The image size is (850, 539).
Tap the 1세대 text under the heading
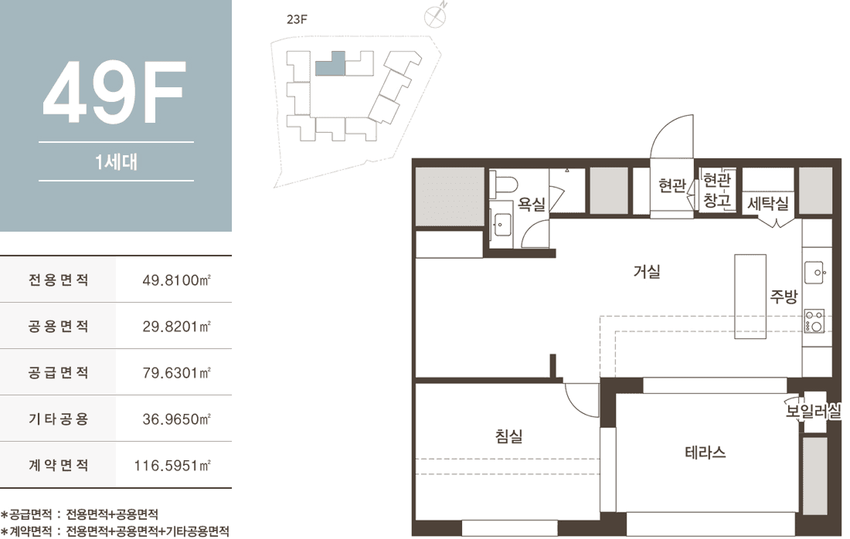coord(116,161)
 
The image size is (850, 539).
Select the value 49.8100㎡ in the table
coord(176,280)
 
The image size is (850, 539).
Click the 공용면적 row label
coord(59,326)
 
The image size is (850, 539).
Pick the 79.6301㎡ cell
coord(176,373)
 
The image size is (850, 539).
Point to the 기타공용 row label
coord(59,419)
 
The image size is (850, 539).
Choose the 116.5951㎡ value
coord(172,466)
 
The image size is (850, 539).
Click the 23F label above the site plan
coord(297,19)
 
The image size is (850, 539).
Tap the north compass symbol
coord(435,16)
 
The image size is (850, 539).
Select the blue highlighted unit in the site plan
coord(330,64)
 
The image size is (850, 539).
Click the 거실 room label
coord(647,271)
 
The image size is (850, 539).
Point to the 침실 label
coord(508,436)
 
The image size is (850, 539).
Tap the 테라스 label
coord(705,453)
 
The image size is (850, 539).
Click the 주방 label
coord(784,297)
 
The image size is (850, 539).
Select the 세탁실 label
coord(767,204)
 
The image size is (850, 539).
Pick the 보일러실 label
coord(813,411)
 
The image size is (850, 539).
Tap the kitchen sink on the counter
coord(814,273)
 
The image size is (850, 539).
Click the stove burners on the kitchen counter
coord(814,320)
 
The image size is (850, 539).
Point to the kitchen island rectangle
coord(750,297)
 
